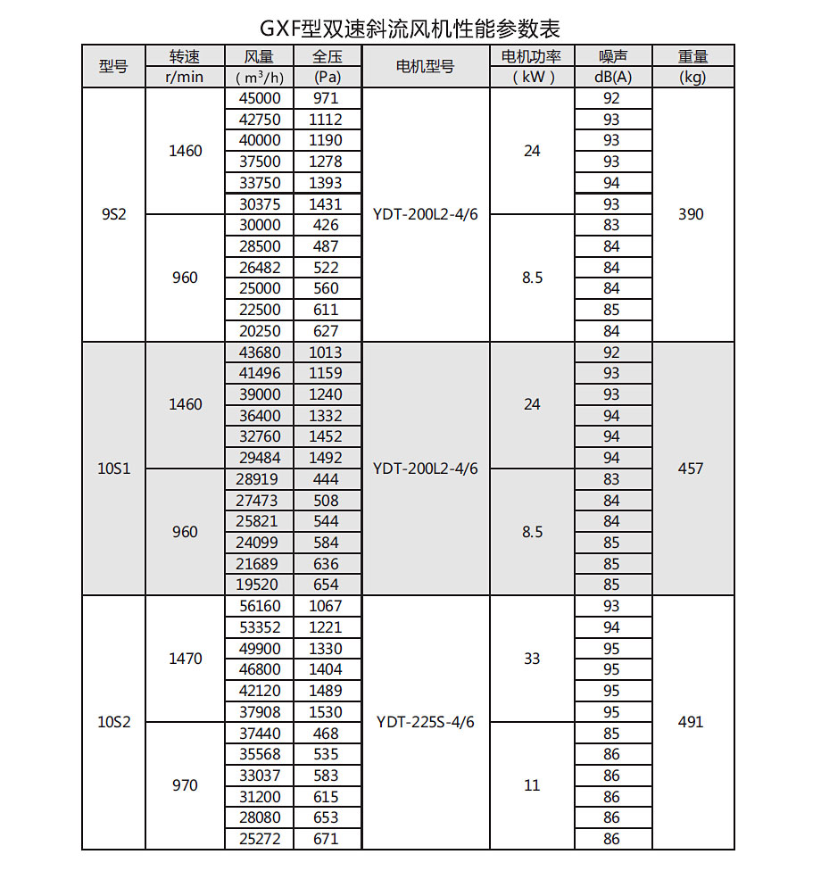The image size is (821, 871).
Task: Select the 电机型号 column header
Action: (x=425, y=67)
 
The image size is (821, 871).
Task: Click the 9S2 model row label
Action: (x=113, y=214)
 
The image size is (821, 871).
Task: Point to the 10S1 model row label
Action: (x=113, y=468)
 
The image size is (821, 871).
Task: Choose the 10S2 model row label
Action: (x=113, y=722)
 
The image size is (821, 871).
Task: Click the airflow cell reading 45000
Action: (x=259, y=98)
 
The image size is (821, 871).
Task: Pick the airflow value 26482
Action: (x=259, y=268)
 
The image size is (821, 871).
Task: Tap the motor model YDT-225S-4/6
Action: (x=425, y=722)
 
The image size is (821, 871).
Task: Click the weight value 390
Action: (x=691, y=214)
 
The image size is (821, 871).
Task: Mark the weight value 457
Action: (x=691, y=468)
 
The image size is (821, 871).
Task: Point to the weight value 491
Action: (x=691, y=722)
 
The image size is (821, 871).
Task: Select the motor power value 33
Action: (x=532, y=659)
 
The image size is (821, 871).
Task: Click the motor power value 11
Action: (x=532, y=785)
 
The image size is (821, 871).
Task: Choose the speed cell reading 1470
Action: (x=185, y=659)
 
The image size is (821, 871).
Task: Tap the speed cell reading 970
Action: (x=185, y=785)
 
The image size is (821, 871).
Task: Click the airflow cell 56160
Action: (x=259, y=606)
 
